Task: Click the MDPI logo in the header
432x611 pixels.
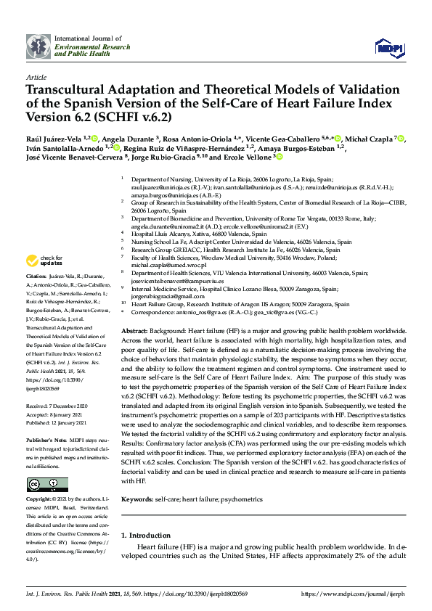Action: pyautogui.click(x=389, y=46)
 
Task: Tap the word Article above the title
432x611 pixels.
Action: pyautogui.click(x=36, y=77)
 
